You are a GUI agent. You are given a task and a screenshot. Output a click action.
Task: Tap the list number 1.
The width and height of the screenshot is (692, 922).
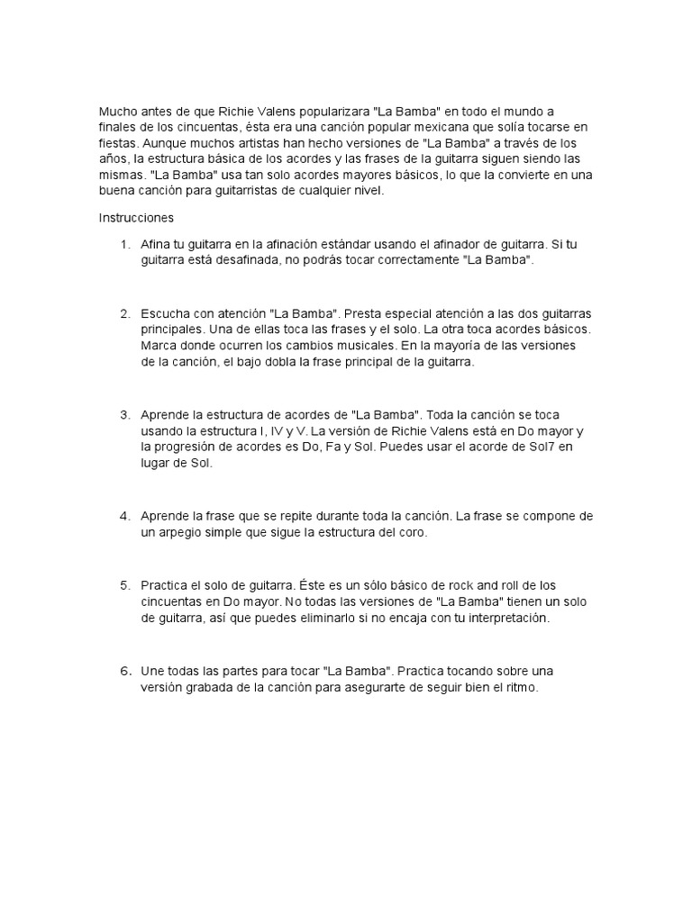[x=123, y=244]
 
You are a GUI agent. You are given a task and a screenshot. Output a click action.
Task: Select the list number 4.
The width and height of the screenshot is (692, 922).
[x=124, y=516]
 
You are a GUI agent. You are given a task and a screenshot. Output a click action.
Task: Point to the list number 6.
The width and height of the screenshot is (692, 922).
[x=124, y=671]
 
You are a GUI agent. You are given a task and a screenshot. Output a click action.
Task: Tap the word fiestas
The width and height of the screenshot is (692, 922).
[x=117, y=142]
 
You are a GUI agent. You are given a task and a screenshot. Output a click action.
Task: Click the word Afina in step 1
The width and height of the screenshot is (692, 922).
[x=157, y=244]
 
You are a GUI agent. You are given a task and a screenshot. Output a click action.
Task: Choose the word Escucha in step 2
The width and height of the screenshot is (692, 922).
[x=166, y=312]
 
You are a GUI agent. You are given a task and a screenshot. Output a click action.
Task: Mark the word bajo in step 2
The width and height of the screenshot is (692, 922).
[x=278, y=361]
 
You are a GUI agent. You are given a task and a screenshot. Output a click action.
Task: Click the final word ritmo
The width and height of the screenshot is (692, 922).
[x=516, y=688]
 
